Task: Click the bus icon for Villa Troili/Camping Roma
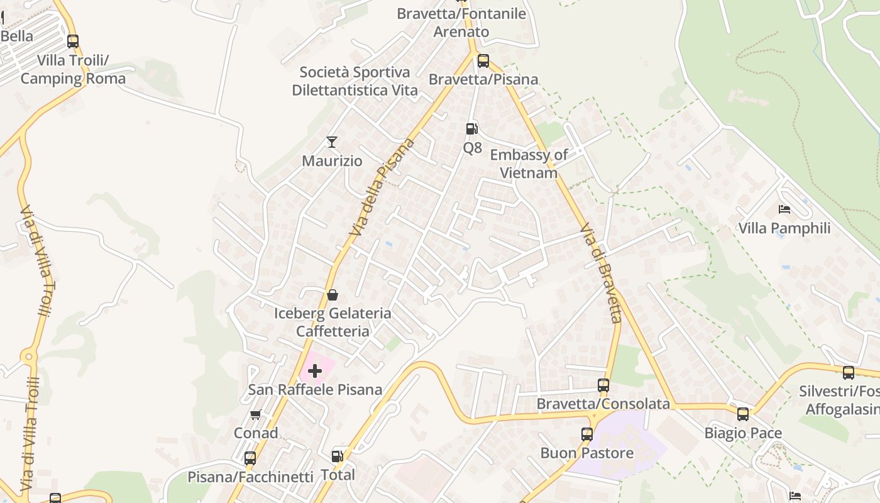click(x=73, y=41)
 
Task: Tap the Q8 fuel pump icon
click(x=471, y=129)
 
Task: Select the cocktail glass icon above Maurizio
click(x=332, y=142)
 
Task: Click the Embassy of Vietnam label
click(x=529, y=163)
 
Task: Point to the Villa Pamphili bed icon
click(x=784, y=209)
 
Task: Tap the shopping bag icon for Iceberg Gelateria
click(x=333, y=295)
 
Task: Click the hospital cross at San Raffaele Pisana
click(x=315, y=371)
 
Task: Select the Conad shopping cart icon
click(x=255, y=414)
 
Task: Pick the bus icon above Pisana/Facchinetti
click(x=250, y=458)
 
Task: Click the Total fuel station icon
click(x=338, y=456)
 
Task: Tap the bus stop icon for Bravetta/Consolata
click(x=603, y=385)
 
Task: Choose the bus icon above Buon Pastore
click(x=586, y=434)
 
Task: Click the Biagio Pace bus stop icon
click(x=743, y=414)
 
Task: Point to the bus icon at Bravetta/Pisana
click(x=483, y=61)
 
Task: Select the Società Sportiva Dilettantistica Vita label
click(x=355, y=81)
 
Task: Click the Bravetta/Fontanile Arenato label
click(x=461, y=23)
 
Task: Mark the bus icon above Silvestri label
click(x=849, y=372)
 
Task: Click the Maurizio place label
click(x=332, y=161)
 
